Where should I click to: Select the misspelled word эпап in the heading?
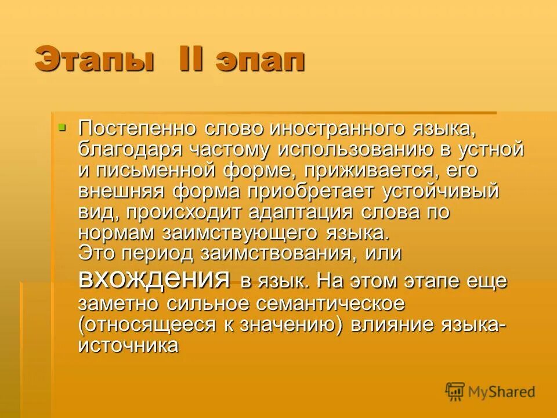[x=261, y=60]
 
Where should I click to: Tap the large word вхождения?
[x=154, y=279]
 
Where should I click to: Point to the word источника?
[x=128, y=345]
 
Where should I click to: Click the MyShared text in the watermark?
[x=502, y=391]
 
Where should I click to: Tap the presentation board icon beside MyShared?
[x=455, y=391]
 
